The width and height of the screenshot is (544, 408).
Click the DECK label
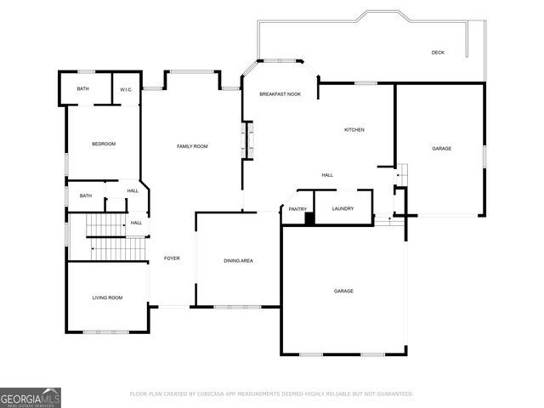pos(438,53)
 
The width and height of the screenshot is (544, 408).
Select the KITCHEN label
pos(354,130)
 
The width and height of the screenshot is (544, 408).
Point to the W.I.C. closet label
pos(125,89)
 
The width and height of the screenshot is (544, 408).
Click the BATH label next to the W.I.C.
pos(83,89)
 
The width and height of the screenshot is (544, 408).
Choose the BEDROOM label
pos(104,144)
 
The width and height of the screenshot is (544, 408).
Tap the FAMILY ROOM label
pos(192,146)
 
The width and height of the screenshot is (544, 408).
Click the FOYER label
pos(172,258)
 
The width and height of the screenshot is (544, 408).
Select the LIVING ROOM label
pos(108,297)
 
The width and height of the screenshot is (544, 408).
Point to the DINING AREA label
pos(238,261)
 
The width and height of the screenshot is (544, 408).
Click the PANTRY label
pos(297,209)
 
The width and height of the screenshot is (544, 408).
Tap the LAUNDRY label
pos(343,209)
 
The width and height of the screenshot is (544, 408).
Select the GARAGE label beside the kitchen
pos(441,149)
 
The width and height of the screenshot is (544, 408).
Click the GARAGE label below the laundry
pos(343,291)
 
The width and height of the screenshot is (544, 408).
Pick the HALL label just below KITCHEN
pos(327,175)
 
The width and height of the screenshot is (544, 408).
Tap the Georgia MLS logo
pos(31,397)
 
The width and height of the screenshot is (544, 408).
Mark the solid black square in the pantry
pos(310,218)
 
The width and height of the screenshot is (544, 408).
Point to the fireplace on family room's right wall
pos(249,140)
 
